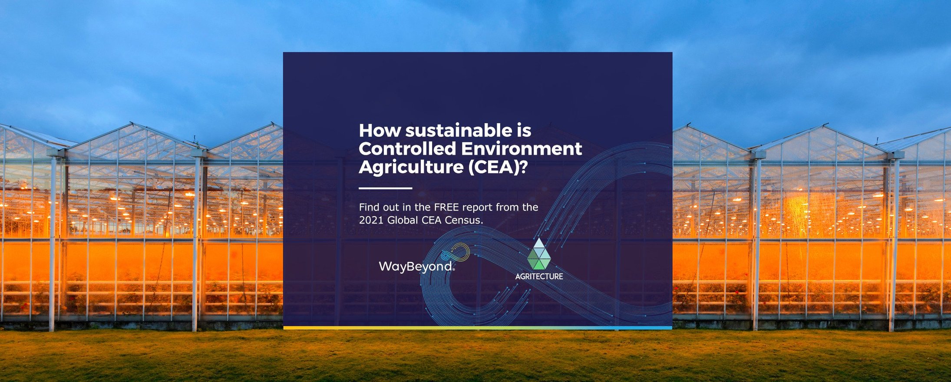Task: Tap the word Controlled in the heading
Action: pos(407,149)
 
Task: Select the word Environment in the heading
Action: pos(521,149)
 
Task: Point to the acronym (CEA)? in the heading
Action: pos(498,167)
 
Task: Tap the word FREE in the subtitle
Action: pos(446,207)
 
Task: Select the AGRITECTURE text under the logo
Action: pos(539,276)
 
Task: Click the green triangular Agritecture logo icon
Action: pos(539,254)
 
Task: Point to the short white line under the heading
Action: pos(385,188)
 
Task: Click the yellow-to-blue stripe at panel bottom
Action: pos(478,328)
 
